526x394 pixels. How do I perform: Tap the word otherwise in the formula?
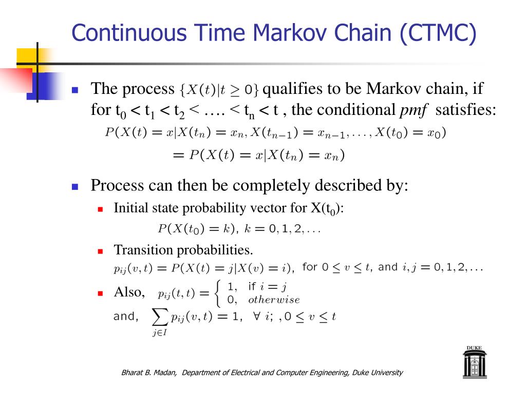click(273, 300)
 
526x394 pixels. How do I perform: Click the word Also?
click(128, 292)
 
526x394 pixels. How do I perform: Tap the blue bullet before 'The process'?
click(74, 90)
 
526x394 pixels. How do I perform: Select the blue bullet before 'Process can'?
click(74, 186)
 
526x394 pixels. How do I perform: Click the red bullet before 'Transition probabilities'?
click(101, 251)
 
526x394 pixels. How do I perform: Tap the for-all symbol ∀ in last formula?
click(256, 317)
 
